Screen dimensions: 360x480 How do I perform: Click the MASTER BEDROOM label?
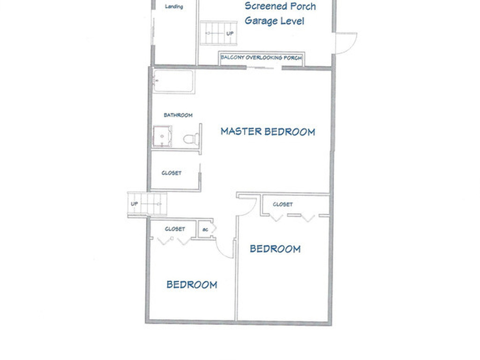point(268,132)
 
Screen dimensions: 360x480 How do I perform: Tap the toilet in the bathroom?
point(191,139)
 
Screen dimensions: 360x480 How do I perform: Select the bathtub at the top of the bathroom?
point(173,82)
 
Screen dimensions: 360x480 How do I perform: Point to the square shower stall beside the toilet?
point(162,137)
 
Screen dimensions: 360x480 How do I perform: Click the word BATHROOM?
point(178,115)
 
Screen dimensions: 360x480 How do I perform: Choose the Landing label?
point(174,7)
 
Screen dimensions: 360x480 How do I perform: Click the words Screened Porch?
point(280,7)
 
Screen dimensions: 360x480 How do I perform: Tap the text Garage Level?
point(274,21)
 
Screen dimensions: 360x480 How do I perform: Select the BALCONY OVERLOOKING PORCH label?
point(261,58)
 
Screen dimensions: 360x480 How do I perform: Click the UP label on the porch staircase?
point(230,34)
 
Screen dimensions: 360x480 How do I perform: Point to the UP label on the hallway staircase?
point(135,204)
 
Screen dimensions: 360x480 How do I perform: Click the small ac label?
point(205,230)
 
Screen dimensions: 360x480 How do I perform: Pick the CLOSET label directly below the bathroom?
point(171,173)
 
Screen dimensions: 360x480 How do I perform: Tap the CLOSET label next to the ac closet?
point(174,229)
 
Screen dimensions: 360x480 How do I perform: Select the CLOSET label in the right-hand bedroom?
point(283,204)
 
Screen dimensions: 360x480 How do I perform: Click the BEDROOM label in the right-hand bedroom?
point(275,249)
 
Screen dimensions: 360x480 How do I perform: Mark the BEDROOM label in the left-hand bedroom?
point(192,285)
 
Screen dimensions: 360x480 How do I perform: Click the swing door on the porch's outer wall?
point(346,43)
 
